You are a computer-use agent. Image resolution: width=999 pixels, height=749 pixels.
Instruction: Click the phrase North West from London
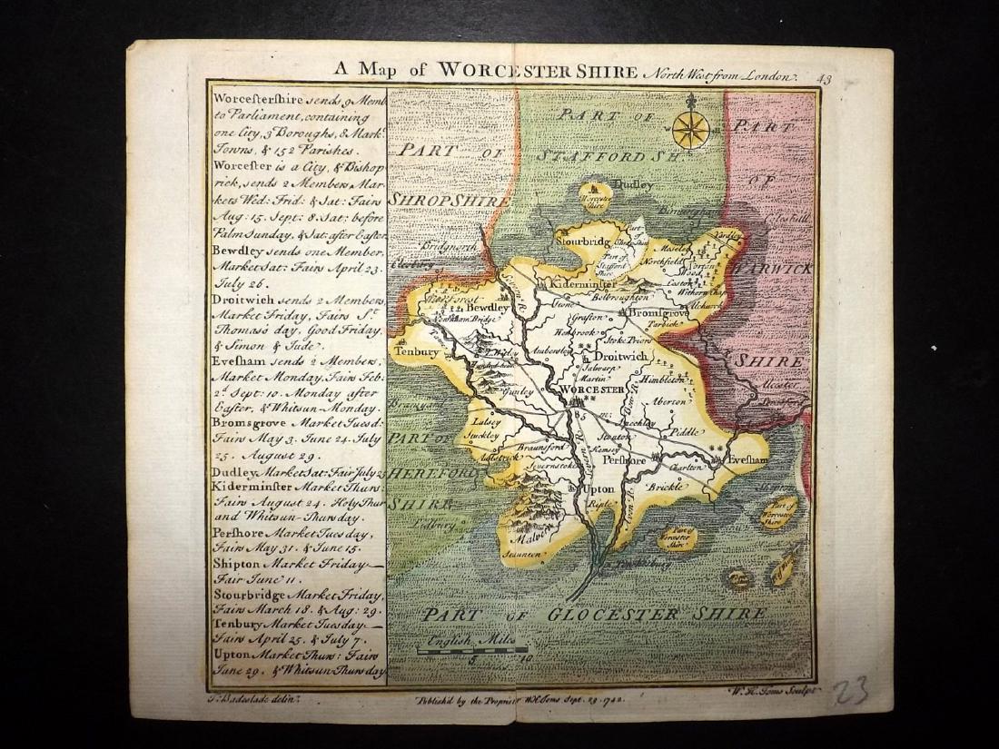(x=721, y=78)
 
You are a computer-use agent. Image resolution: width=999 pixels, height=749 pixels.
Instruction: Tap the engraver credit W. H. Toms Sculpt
(x=779, y=690)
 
